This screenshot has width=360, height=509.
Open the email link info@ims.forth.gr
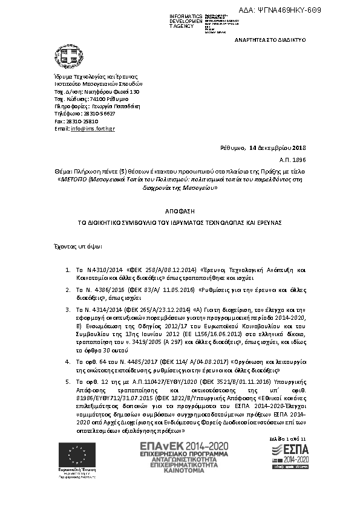[x=93, y=129]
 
